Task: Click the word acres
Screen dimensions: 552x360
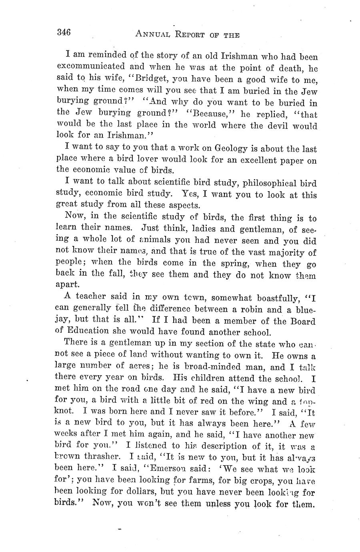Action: click(x=142, y=366)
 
